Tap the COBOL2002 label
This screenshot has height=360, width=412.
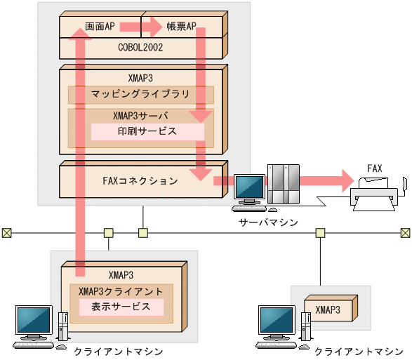click(x=140, y=47)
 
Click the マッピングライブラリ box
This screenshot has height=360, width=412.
click(x=140, y=94)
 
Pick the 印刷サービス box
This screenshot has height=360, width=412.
click(x=147, y=131)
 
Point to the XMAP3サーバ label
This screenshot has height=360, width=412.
click(x=140, y=115)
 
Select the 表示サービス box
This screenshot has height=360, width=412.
click(x=115, y=307)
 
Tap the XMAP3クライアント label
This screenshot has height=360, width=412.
click(x=121, y=291)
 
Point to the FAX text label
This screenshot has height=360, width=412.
click(x=375, y=168)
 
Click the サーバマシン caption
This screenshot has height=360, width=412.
click(x=267, y=222)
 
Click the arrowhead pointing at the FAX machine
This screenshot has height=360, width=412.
click(x=347, y=180)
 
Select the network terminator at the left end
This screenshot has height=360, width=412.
click(x=6, y=232)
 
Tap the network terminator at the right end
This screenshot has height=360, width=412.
click(x=406, y=232)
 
